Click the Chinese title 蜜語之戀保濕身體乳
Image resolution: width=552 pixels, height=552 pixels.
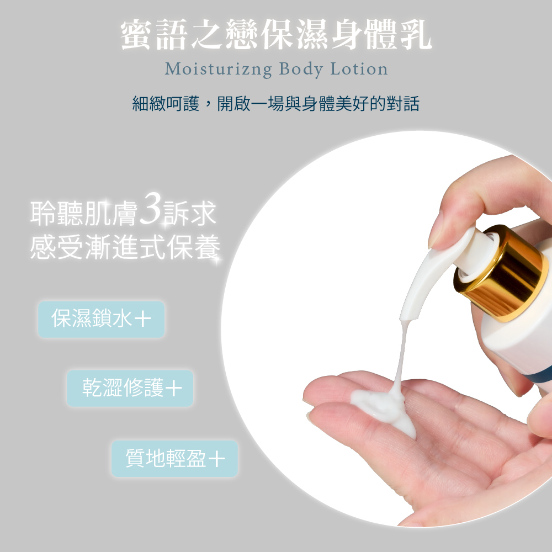[276, 35]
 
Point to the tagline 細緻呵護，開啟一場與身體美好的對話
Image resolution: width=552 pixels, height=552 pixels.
[276, 103]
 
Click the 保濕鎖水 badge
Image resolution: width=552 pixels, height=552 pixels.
[101, 319]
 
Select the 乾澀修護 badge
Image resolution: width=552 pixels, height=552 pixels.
[130, 388]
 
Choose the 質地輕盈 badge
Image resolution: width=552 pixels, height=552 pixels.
[174, 458]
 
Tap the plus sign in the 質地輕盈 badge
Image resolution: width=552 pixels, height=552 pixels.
[217, 459]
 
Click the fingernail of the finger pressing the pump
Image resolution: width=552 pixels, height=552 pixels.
[441, 226]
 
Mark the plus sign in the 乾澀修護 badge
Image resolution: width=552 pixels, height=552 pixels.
[173, 389]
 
